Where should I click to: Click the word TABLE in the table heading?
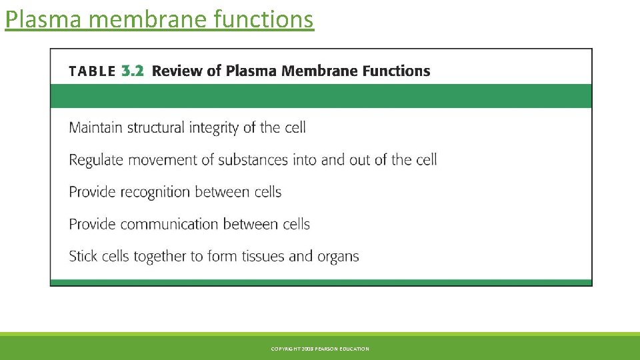coord(93,71)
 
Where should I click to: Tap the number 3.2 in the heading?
coord(133,71)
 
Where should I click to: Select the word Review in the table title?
coord(179,71)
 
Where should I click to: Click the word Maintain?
coord(96,127)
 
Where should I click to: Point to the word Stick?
coord(84,256)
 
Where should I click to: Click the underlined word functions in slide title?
coord(263,19)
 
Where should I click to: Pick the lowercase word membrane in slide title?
coord(149,19)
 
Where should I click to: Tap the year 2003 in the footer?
coord(307,349)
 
